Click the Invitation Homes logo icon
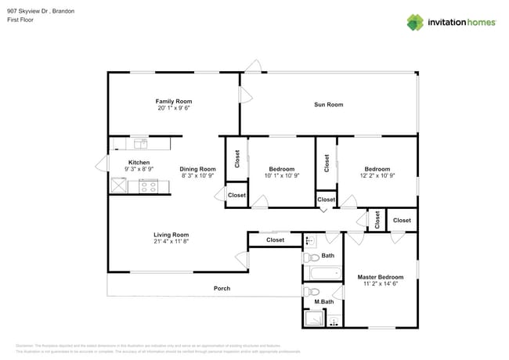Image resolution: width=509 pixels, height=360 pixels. (x=415, y=22)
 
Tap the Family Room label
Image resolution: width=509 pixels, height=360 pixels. (x=173, y=101)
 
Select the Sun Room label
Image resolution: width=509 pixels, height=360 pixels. (x=329, y=104)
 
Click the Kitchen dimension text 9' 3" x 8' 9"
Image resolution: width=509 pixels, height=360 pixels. (x=139, y=169)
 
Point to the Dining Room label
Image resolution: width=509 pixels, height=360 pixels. (x=197, y=169)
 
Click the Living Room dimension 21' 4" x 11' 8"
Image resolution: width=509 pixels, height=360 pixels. (x=171, y=242)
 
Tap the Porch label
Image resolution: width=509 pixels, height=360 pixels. (x=222, y=288)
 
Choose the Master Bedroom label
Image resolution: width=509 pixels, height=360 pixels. (x=381, y=277)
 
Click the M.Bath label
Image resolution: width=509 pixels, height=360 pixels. (x=324, y=302)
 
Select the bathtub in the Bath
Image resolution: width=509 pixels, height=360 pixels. (x=323, y=274)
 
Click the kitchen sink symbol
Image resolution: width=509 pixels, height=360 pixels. (x=141, y=143)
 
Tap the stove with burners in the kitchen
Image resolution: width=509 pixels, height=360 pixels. (x=149, y=186)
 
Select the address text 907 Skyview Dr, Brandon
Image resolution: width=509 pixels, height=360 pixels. (x=41, y=12)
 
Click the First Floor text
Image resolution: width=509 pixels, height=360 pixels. (x=23, y=20)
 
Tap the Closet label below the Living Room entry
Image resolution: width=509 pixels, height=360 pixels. (x=275, y=240)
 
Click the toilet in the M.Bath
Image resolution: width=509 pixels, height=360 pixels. (x=311, y=292)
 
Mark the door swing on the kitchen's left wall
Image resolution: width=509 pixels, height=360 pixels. (x=101, y=164)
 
